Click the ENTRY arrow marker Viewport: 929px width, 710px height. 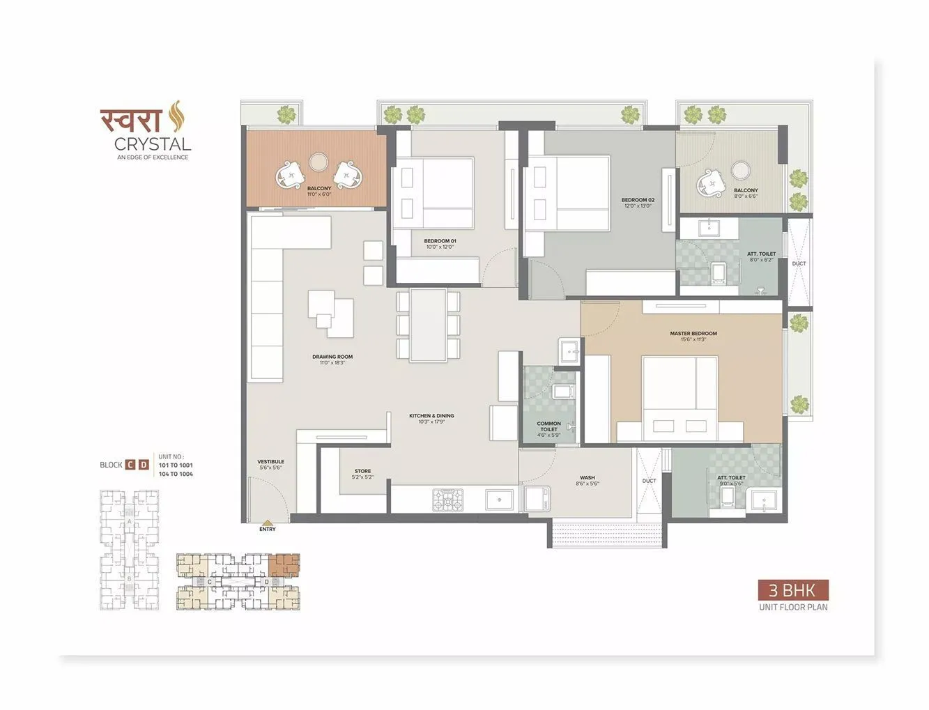coord(267,523)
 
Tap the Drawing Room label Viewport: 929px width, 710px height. coord(332,357)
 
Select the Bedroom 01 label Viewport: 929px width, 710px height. coord(440,242)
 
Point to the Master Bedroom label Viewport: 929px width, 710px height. coord(693,334)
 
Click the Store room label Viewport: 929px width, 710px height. coord(362,472)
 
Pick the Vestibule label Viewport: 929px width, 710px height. coord(270,462)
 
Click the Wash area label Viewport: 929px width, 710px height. coord(587,479)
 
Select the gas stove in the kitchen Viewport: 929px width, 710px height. coord(447,499)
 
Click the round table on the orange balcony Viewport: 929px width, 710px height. coord(319,162)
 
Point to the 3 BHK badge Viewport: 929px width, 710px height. coord(793,591)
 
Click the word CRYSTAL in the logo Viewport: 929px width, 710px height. coord(153,144)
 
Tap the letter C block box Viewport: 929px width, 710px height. coord(130,465)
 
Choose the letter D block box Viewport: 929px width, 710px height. coord(144,465)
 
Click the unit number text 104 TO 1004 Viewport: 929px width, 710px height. coord(176,474)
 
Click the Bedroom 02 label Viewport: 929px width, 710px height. coord(638,201)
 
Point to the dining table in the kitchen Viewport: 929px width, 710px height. coord(428,325)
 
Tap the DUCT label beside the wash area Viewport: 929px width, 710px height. coord(649,481)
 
